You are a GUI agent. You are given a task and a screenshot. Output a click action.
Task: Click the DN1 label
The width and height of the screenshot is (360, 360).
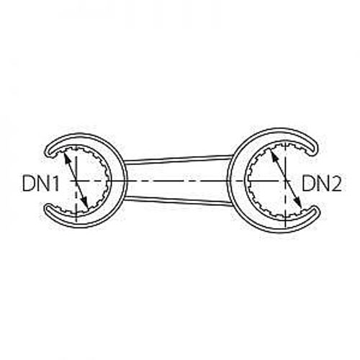40,183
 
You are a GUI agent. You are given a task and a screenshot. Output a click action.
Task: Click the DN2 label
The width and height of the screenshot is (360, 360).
322,183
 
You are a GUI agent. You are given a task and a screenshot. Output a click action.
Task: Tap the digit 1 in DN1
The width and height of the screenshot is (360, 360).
55,183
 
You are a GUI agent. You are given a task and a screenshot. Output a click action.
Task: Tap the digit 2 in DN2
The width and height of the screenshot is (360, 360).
336,183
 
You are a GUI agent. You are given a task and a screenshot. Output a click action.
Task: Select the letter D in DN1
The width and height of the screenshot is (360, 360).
28,183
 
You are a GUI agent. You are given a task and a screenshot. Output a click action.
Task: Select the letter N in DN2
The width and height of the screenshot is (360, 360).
322,183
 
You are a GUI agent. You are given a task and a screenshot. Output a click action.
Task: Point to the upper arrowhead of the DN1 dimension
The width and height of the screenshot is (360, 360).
66,156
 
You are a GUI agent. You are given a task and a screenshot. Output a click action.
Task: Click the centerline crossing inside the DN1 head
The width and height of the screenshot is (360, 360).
76,180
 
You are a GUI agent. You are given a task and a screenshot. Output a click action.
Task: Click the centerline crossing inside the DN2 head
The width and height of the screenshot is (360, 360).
286,180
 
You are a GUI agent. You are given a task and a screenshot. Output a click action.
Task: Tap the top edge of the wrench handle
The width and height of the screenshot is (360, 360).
178,159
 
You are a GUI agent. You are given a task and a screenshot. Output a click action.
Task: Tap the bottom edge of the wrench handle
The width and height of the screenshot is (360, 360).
178,201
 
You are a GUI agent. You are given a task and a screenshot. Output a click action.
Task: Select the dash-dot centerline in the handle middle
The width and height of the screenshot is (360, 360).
178,181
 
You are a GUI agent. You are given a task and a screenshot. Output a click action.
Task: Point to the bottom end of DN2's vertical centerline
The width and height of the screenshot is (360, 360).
286,228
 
